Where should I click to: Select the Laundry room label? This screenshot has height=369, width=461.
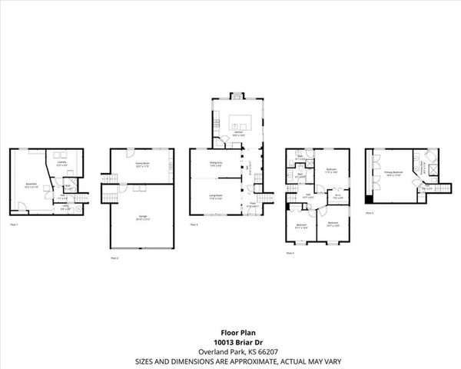coord(61,163)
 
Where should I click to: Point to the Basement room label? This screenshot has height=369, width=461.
coord(31,184)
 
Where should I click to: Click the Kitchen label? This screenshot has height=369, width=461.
coord(239,133)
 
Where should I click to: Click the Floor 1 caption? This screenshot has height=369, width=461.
coord(14,224)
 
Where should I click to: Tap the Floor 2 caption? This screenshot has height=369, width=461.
coord(114,258)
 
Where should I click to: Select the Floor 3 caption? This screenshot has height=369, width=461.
coord(194,224)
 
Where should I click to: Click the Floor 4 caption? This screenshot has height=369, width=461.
coord(290,252)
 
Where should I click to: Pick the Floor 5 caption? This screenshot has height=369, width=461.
coord(370,212)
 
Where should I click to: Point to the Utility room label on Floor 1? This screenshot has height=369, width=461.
coord(65,206)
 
